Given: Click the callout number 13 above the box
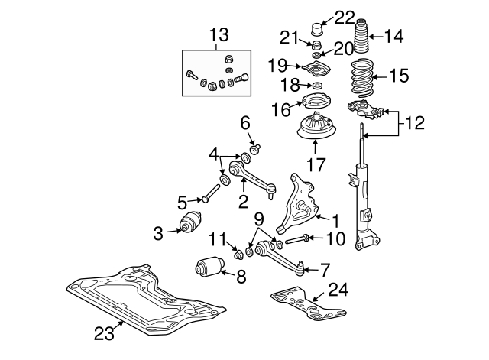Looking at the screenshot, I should [220, 34].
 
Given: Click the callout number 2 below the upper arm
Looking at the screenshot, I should [243, 202].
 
